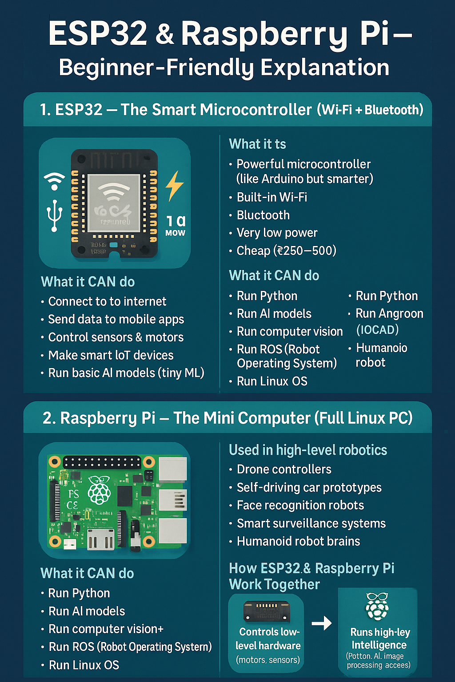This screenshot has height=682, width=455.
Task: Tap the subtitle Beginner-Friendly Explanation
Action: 224,67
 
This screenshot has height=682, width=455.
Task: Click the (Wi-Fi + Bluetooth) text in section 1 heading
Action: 370,110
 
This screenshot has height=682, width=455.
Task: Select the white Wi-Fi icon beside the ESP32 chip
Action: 54,181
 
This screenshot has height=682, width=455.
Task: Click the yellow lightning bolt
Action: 174,186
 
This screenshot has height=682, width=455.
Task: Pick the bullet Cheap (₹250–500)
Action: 286,251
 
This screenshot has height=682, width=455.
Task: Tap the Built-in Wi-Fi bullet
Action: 272,197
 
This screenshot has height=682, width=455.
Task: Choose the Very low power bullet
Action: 277,233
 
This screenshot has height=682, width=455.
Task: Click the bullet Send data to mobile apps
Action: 116,319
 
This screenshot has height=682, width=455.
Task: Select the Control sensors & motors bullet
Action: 116,337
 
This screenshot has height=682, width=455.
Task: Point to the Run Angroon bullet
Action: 389,314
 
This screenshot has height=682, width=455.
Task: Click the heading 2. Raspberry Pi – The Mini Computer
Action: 227,418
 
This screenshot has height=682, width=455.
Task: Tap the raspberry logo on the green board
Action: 100,489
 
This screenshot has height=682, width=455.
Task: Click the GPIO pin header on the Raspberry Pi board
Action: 102,462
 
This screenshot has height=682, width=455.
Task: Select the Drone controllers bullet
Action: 284,469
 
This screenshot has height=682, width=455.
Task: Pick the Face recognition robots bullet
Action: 300,505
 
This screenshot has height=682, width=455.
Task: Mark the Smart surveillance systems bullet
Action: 311,523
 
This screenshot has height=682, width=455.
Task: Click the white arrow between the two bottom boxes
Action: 322,623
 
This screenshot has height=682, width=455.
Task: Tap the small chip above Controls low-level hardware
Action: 267,611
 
